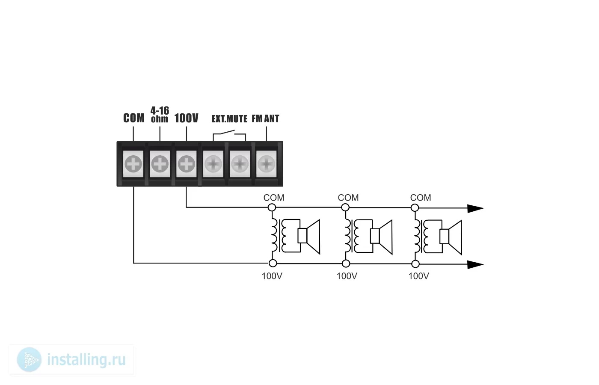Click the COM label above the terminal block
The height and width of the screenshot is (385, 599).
pyautogui.click(x=133, y=118)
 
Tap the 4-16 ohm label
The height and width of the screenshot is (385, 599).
pyautogui.click(x=160, y=115)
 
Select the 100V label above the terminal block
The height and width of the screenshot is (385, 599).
pyautogui.click(x=187, y=118)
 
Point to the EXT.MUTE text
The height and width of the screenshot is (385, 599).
pyautogui.click(x=229, y=119)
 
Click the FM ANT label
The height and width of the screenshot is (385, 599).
pyautogui.click(x=265, y=118)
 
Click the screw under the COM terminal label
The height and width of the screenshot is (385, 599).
pyautogui.click(x=133, y=163)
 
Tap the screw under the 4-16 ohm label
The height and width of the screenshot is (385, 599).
pyautogui.click(x=160, y=163)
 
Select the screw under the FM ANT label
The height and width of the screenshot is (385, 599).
pyautogui.click(x=266, y=163)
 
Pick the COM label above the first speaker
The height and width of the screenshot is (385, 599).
pyautogui.click(x=274, y=198)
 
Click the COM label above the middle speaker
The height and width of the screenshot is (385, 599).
pyautogui.click(x=348, y=198)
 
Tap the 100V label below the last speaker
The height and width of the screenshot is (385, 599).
pyautogui.click(x=419, y=276)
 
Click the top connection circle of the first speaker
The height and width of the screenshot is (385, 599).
pyautogui.click(x=272, y=207)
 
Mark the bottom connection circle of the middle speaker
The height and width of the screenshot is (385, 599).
pyautogui.click(x=346, y=264)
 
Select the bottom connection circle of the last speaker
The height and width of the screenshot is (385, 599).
pyautogui.click(x=415, y=264)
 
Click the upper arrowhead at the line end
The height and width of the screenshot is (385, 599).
pyautogui.click(x=475, y=209)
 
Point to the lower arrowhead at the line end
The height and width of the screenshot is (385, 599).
pyautogui.click(x=475, y=265)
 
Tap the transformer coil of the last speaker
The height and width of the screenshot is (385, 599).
pyautogui.click(x=417, y=236)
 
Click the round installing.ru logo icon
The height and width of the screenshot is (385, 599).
pyautogui.click(x=29, y=360)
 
